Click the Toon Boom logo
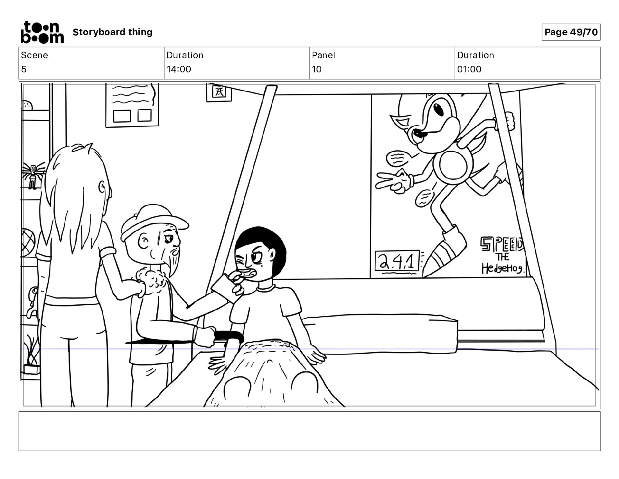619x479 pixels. [42, 32]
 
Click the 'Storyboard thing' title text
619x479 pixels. [113, 32]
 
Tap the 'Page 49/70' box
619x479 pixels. [571, 32]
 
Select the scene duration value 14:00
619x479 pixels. [179, 69]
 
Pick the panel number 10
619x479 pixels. [317, 69]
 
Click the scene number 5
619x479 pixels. [24, 69]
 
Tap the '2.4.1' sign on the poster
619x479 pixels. [397, 261]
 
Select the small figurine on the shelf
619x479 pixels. [33, 176]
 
